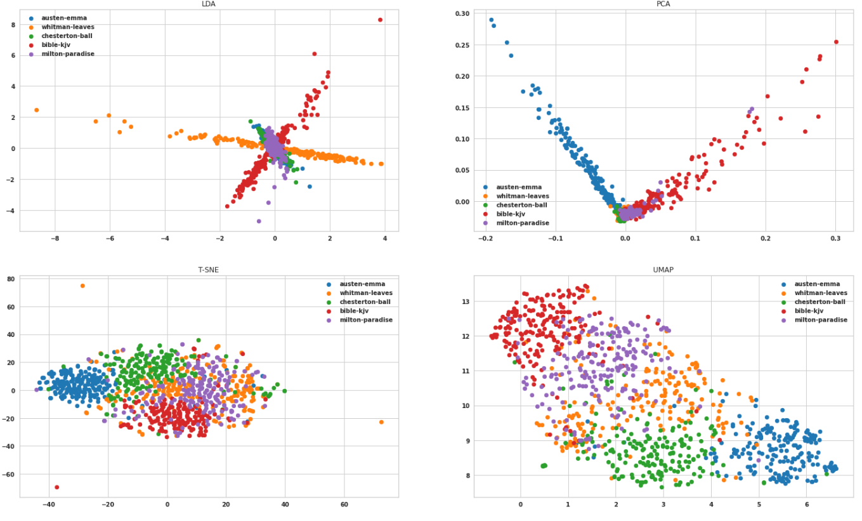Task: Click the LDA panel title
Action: tap(209, 4)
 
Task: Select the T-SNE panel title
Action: tap(209, 270)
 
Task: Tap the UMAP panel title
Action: tap(663, 270)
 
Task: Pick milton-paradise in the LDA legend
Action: tap(67, 54)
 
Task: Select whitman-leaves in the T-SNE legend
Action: tap(366, 293)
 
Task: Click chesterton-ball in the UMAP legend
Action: tap(818, 302)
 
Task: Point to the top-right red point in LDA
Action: tap(380, 20)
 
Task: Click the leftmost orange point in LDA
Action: tap(36, 110)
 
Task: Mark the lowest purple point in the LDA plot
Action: tap(259, 221)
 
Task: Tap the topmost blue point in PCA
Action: tap(491, 20)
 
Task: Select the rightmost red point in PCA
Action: tap(836, 42)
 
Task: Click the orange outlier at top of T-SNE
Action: tap(82, 286)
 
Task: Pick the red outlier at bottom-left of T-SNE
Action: tap(56, 487)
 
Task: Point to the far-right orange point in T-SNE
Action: tap(381, 422)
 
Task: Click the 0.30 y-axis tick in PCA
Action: tap(461, 13)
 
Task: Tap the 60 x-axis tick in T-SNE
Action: tap(344, 505)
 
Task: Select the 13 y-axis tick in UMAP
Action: tap(465, 301)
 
